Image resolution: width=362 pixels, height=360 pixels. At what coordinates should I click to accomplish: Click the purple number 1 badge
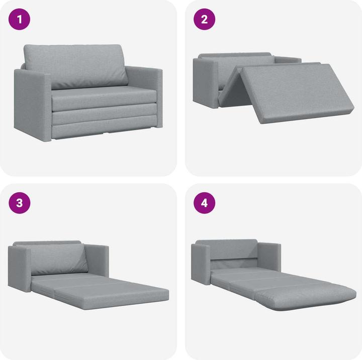pyautogui.click(x=20, y=20)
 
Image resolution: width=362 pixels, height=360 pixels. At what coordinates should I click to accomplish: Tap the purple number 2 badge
pyautogui.click(x=205, y=20)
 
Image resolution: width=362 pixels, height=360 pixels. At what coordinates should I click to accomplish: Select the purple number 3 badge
pyautogui.click(x=20, y=203)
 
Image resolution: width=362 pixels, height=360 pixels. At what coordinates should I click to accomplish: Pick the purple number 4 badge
pyautogui.click(x=205, y=203)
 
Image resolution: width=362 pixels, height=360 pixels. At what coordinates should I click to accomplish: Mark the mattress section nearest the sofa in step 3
pyautogui.click(x=70, y=281)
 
